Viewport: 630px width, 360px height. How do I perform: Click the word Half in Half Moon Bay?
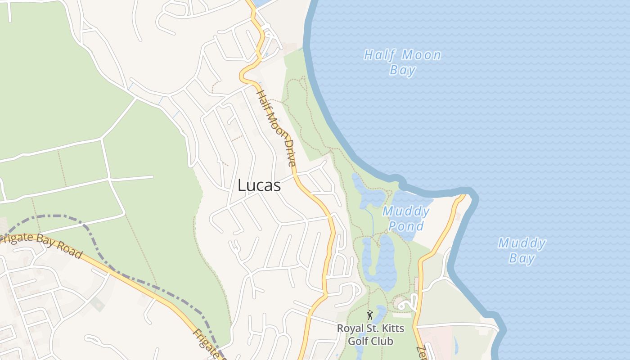(x=379, y=55)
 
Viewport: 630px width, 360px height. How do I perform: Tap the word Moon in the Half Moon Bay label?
(x=421, y=55)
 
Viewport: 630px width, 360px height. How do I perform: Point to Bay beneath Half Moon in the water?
(x=403, y=70)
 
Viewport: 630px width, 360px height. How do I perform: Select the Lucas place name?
(x=259, y=185)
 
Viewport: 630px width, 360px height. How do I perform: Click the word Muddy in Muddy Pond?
(x=406, y=211)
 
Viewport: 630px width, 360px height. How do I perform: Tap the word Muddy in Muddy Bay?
(x=522, y=243)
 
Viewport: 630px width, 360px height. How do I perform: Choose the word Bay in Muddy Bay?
(x=522, y=258)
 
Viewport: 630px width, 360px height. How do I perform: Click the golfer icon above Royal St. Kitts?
(x=370, y=315)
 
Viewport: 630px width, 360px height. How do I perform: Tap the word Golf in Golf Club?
(x=359, y=341)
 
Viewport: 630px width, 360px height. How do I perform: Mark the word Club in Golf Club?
(x=383, y=341)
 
